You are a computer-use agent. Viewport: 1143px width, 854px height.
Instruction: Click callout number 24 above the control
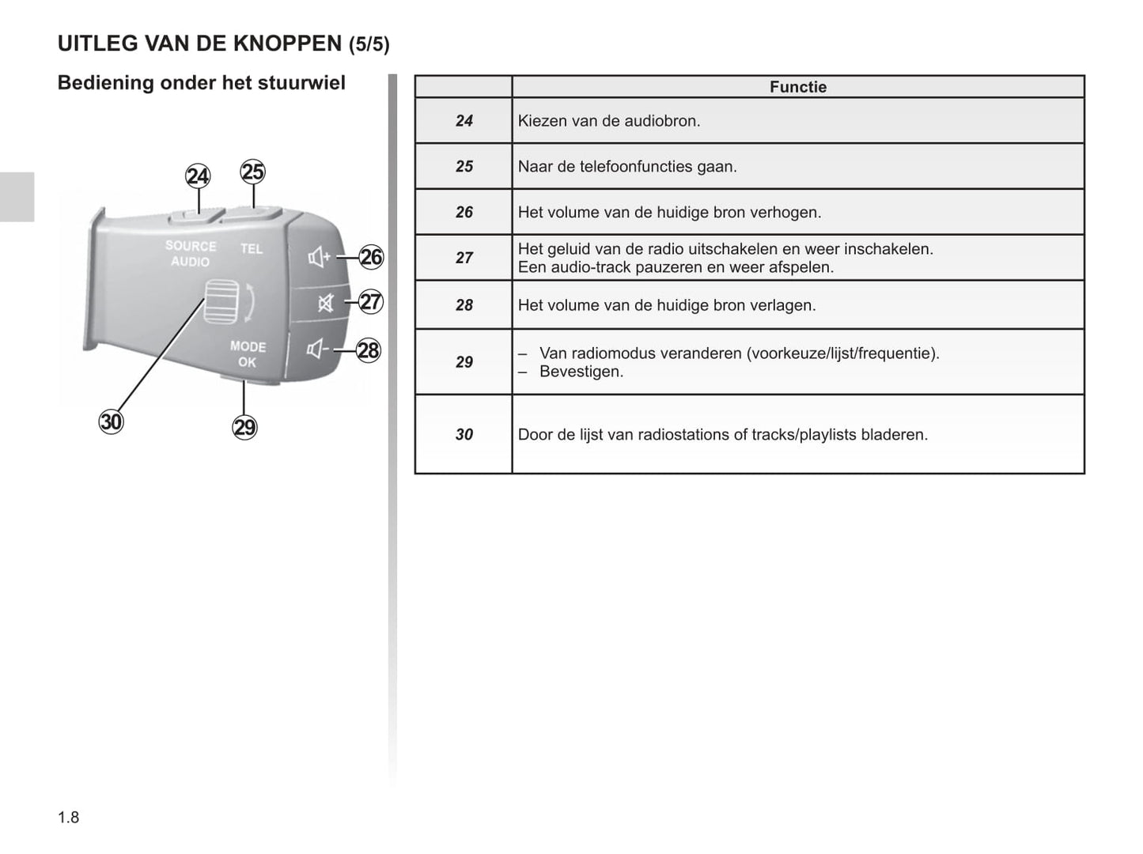pyautogui.click(x=198, y=176)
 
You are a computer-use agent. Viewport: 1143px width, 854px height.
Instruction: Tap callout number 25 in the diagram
pyautogui.click(x=252, y=172)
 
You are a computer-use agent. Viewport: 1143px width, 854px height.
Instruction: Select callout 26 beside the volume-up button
pyautogui.click(x=371, y=257)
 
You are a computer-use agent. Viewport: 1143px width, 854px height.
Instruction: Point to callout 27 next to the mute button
pyautogui.click(x=371, y=301)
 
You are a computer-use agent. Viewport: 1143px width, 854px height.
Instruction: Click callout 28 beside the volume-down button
pyautogui.click(x=369, y=350)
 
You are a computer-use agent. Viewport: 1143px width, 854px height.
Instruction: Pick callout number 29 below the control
pyautogui.click(x=245, y=427)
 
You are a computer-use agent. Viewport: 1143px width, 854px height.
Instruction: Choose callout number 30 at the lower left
pyautogui.click(x=112, y=421)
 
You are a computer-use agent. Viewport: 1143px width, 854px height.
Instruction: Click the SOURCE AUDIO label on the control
pyautogui.click(x=191, y=254)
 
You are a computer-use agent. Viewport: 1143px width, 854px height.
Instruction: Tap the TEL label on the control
pyautogui.click(x=252, y=249)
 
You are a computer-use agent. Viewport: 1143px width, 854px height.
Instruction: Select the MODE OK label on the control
pyautogui.click(x=248, y=354)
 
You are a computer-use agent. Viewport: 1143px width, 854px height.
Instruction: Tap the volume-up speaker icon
pyautogui.click(x=319, y=257)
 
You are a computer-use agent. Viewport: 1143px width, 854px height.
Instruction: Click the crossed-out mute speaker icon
pyautogui.click(x=325, y=303)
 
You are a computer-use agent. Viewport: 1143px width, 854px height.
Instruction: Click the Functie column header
pyautogui.click(x=797, y=87)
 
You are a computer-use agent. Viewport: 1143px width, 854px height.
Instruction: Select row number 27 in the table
pyautogui.click(x=464, y=258)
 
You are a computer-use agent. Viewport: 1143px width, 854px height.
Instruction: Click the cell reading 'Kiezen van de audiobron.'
pyautogui.click(x=609, y=121)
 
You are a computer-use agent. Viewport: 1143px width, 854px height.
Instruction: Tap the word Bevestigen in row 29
pyautogui.click(x=581, y=372)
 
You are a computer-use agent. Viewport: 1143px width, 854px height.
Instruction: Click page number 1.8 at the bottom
pyautogui.click(x=69, y=817)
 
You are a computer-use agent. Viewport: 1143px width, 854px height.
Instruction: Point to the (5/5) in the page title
pyautogui.click(x=369, y=44)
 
